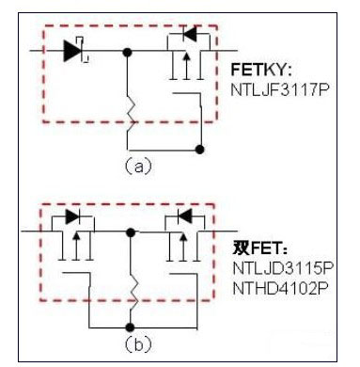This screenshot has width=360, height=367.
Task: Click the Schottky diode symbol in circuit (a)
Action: click(74, 52)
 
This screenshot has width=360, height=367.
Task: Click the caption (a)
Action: click(138, 166)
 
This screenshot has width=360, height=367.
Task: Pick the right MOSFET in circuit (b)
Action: click(180, 240)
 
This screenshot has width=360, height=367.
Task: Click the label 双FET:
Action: click(259, 249)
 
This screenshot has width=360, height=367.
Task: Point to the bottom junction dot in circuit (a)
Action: click(198, 149)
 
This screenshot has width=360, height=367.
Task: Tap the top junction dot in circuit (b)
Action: click(133, 230)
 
